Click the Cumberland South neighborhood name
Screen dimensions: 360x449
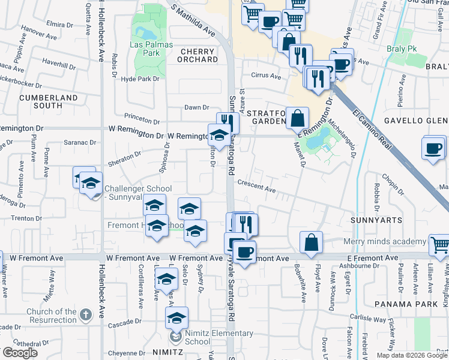click(49, 101)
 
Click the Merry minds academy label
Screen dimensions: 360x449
click(384, 242)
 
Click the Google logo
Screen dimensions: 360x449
click(20, 353)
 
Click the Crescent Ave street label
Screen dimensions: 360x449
click(256, 187)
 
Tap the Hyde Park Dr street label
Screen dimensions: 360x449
click(140, 79)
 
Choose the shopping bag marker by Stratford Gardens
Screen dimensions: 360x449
click(297, 118)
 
